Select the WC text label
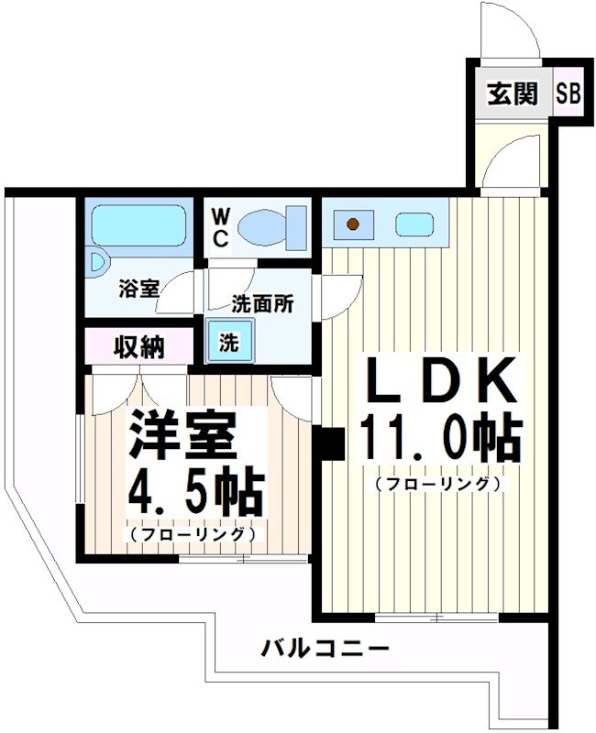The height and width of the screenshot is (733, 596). (221, 226)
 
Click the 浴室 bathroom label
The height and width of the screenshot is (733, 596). (138, 288)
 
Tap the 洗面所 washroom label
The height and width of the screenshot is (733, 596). (262, 303)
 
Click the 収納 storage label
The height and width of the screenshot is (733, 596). (138, 347)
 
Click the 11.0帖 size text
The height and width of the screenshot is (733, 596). (441, 441)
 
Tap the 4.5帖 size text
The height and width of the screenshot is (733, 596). (195, 494)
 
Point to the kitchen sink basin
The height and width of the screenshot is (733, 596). (414, 224)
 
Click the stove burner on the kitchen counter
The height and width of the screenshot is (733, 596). (351, 223)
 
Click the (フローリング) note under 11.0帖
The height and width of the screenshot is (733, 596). (436, 485)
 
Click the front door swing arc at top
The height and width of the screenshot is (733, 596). (511, 32)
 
